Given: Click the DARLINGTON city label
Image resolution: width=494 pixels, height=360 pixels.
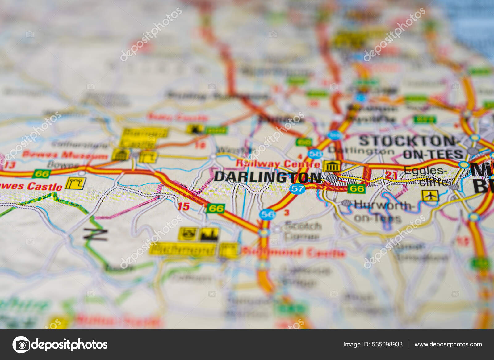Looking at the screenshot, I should pos(267,177).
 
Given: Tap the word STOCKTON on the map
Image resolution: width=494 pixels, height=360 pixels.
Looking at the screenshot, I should pos(407,141).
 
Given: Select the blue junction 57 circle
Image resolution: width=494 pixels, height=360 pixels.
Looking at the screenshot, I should pos(297,188).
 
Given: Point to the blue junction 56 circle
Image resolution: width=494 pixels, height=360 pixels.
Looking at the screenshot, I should pos(267,214).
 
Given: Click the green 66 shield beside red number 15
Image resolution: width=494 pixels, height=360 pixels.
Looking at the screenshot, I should pos(216,209).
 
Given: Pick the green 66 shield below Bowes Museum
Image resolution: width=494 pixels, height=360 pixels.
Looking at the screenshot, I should pos(42,174).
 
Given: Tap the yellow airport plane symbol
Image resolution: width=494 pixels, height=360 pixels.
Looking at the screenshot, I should pos(430,195).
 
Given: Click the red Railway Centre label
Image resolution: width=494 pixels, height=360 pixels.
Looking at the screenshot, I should pos(278,164).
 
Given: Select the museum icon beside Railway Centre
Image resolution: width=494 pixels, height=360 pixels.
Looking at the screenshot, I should pos(332,167).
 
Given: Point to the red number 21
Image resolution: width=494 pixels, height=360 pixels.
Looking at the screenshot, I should pos(391,175).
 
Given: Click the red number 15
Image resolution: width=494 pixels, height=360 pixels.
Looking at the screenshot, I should pos(183,206).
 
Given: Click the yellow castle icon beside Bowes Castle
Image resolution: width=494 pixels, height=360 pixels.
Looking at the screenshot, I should pos(76,183).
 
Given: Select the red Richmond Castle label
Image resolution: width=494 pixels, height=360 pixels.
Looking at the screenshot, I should pos(293,253).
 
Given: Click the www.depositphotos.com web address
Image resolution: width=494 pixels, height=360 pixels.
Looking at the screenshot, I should pos(448,344).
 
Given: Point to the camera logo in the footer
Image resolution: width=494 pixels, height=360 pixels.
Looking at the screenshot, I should pos(21,345).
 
